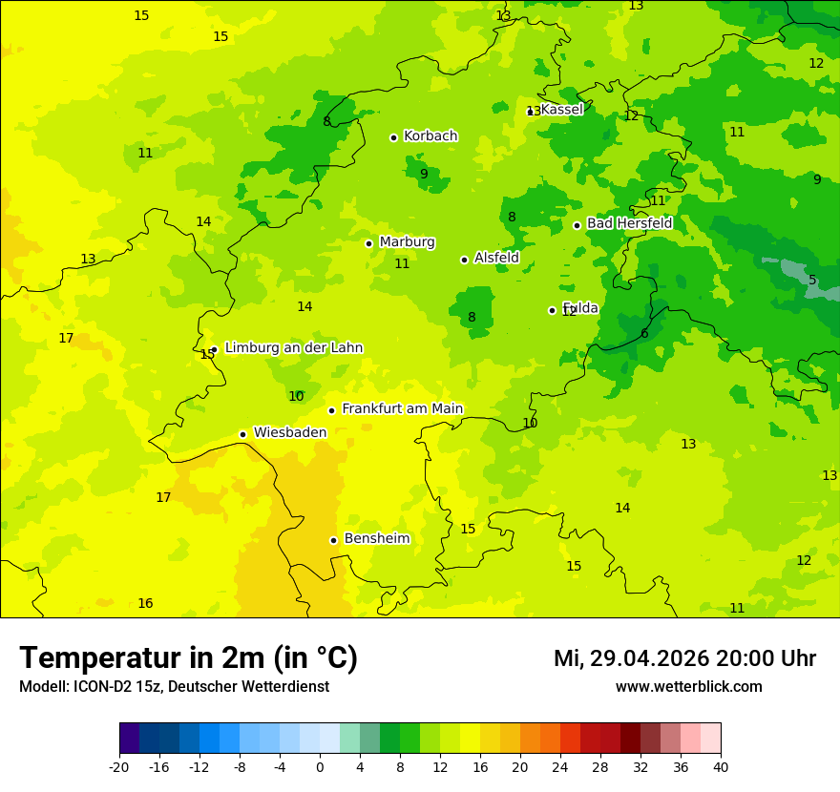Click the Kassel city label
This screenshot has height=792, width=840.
[x=561, y=110]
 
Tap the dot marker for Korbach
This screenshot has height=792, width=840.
[x=393, y=137]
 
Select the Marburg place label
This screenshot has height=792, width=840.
[x=407, y=242]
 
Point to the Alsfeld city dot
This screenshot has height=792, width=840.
[x=464, y=260]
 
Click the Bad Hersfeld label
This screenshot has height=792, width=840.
[x=629, y=223]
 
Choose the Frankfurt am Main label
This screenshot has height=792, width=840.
[x=402, y=409]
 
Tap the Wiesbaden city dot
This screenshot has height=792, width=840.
[x=242, y=434]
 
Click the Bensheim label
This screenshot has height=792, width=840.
[x=376, y=539]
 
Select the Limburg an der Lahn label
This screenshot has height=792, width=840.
[x=293, y=348]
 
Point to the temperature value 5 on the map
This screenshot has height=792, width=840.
[x=812, y=281]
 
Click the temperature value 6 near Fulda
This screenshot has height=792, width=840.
[x=644, y=334]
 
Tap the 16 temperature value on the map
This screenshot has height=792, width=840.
[x=145, y=604]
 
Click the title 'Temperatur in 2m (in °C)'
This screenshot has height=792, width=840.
[x=188, y=658]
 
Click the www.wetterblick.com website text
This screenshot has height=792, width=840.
[x=688, y=687]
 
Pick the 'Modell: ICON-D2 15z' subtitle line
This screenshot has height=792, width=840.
[x=174, y=687]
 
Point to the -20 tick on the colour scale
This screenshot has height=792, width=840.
[x=119, y=766]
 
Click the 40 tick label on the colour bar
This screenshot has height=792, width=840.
[x=720, y=766]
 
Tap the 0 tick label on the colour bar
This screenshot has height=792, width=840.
[x=320, y=766]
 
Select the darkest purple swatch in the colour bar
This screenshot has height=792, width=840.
[x=129, y=739]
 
